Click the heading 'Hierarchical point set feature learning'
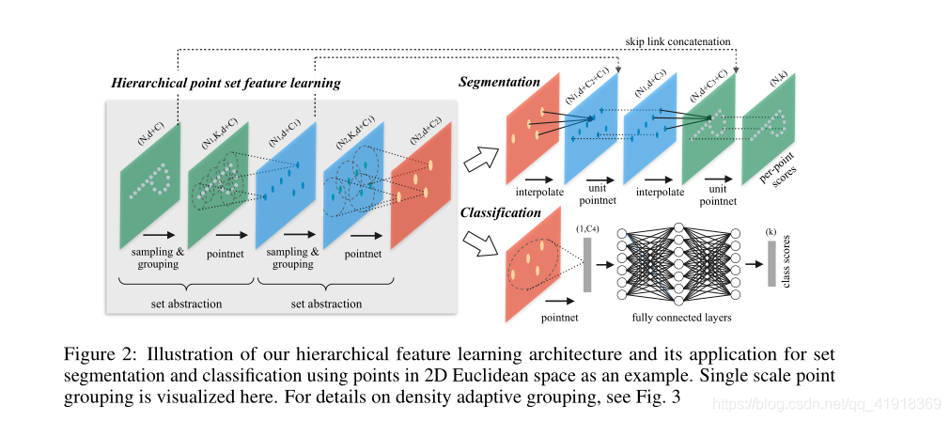[x=226, y=84]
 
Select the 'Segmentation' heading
[x=499, y=83]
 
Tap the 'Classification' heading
[x=501, y=212]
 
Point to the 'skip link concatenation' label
[x=677, y=41]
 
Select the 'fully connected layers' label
[x=682, y=318]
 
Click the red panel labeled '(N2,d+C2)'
[x=421, y=179]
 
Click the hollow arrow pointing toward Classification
[x=485, y=242]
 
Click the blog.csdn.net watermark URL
[x=828, y=403]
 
